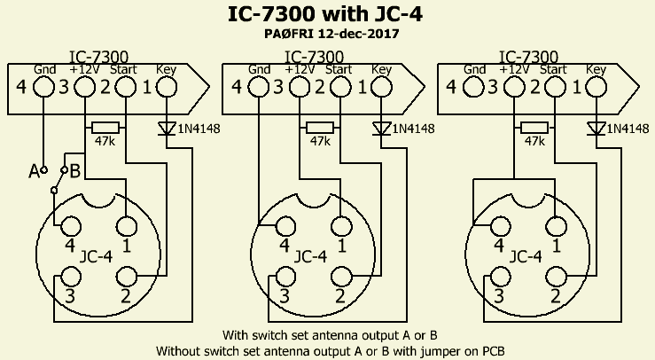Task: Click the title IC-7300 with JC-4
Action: [x=327, y=15]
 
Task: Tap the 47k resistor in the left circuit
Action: [x=106, y=128]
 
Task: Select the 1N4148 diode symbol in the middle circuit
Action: [x=382, y=129]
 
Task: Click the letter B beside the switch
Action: [x=75, y=169]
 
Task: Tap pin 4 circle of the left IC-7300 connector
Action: [x=43, y=87]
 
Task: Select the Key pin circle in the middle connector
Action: [x=382, y=87]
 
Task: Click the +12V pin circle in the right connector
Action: [x=513, y=87]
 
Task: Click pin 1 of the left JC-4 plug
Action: [x=126, y=223]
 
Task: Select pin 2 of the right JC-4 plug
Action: [x=555, y=276]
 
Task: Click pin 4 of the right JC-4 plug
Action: [x=499, y=223]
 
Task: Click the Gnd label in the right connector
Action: [x=474, y=68]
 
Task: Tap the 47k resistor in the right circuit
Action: [x=534, y=128]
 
